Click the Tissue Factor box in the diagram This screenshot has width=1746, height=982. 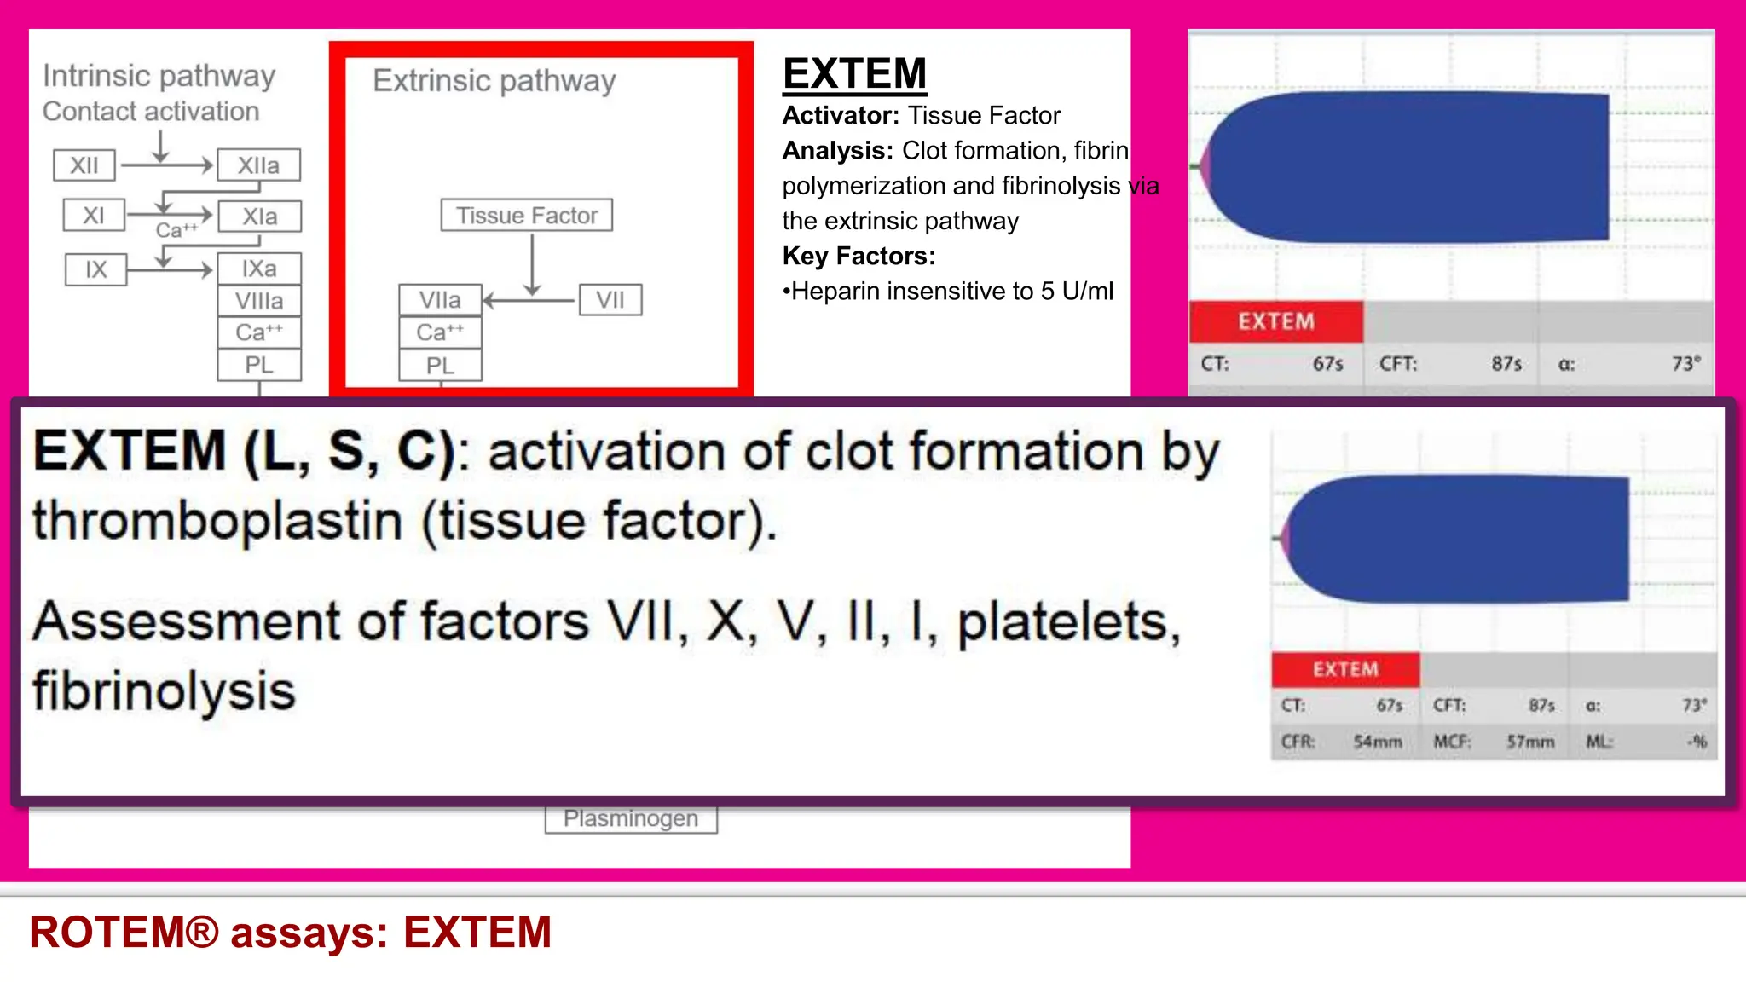point(526,216)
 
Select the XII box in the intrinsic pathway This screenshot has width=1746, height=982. point(84,165)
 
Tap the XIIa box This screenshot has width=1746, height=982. point(258,165)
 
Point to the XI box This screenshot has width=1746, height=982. point(94,216)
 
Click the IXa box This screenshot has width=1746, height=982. point(259,269)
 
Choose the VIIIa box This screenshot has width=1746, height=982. point(259,301)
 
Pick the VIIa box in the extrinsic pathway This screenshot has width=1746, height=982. point(440,300)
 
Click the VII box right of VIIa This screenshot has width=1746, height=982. point(610,300)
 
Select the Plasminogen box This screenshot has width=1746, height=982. point(631,819)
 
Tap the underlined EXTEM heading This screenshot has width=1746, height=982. point(854,73)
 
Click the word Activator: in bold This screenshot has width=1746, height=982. point(841,115)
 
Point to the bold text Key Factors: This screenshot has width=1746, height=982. point(859,256)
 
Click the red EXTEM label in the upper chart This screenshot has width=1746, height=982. point(1275,321)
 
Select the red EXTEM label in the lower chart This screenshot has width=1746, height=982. point(1344,669)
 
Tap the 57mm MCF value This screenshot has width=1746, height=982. point(1530,742)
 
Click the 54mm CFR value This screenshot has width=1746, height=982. point(1378,742)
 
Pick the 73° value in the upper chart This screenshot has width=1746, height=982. point(1685,364)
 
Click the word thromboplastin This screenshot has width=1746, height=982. point(217,521)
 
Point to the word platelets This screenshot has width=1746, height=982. point(1068,621)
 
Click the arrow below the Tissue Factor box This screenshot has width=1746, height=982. point(532,264)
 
